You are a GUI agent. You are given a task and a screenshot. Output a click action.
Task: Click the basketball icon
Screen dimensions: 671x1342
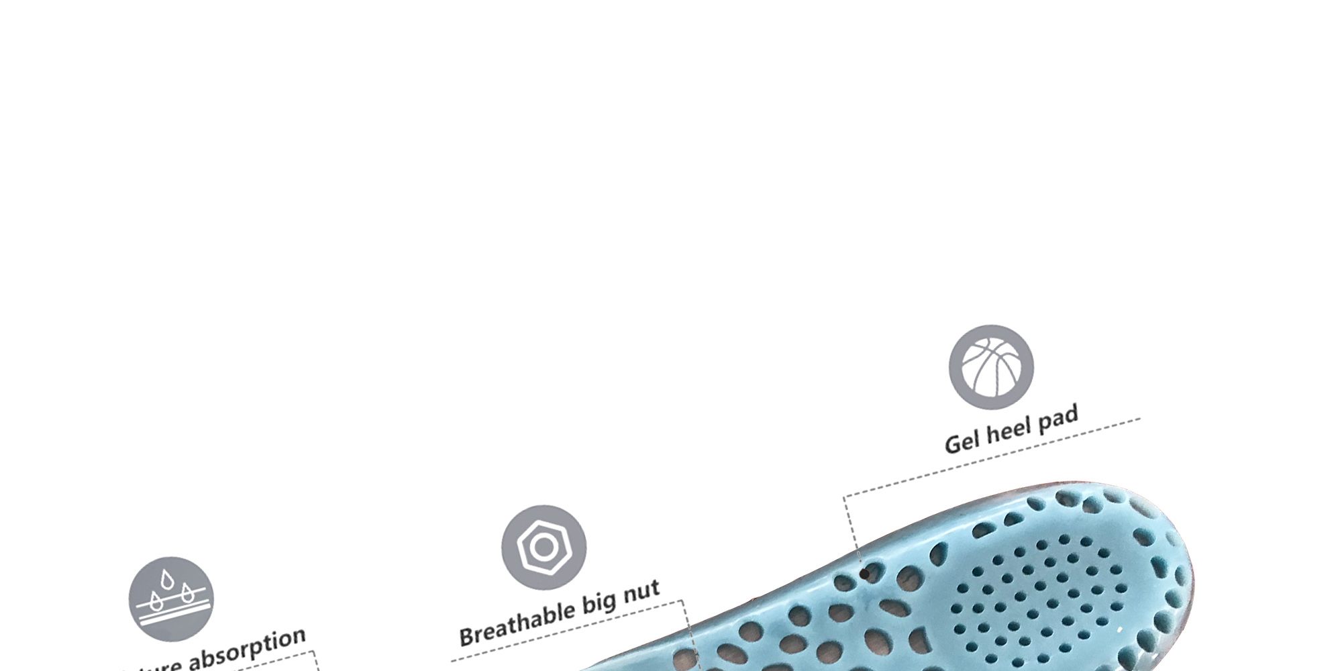pyautogui.click(x=991, y=367)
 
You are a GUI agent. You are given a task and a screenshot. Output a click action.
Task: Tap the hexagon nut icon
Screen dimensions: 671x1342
pyautogui.click(x=544, y=548)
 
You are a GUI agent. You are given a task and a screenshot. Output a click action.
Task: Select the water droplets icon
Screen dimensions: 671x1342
pyautogui.click(x=171, y=599)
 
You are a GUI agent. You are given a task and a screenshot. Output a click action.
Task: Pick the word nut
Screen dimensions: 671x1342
pyautogui.click(x=641, y=591)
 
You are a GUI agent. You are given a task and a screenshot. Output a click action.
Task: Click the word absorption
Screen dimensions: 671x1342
pyautogui.click(x=247, y=650)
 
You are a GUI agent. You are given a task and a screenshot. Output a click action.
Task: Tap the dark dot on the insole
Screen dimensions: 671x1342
pyautogui.click(x=864, y=574)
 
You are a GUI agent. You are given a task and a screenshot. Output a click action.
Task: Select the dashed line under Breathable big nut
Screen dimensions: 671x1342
pyautogui.click(x=570, y=631)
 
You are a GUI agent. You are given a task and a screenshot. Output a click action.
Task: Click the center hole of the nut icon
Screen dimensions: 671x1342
pyautogui.click(x=544, y=548)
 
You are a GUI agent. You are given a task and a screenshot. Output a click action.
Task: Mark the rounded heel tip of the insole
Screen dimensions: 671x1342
pyautogui.click(x=1188, y=570)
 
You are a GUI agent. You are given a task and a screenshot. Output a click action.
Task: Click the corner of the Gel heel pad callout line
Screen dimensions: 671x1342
pyautogui.click(x=845, y=497)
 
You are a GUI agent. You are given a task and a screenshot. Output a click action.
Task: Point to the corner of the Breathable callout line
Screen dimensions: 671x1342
pyautogui.click(x=682, y=601)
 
